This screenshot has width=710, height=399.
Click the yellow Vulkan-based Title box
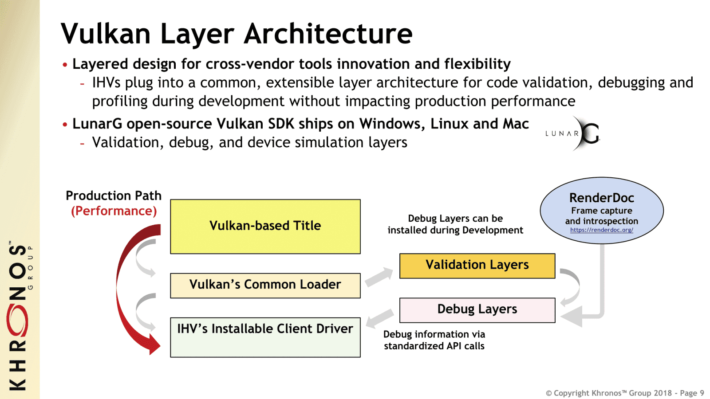(265, 226)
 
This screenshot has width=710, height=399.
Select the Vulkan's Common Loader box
(265, 285)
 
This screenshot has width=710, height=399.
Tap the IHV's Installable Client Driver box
(265, 337)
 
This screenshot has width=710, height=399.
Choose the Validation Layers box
(477, 266)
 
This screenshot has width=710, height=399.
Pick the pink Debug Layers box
(477, 310)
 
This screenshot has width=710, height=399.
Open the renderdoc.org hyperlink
(601, 230)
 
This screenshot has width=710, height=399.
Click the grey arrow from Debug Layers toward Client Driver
(379, 318)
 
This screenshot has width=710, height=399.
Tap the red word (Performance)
(114, 211)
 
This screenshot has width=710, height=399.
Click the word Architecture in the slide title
(328, 34)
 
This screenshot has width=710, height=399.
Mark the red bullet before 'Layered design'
(65, 65)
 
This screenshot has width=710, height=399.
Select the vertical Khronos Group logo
(19, 315)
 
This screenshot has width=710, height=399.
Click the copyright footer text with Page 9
(624, 393)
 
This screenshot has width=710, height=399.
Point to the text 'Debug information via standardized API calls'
(434, 340)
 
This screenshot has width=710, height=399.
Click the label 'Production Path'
(114, 196)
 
